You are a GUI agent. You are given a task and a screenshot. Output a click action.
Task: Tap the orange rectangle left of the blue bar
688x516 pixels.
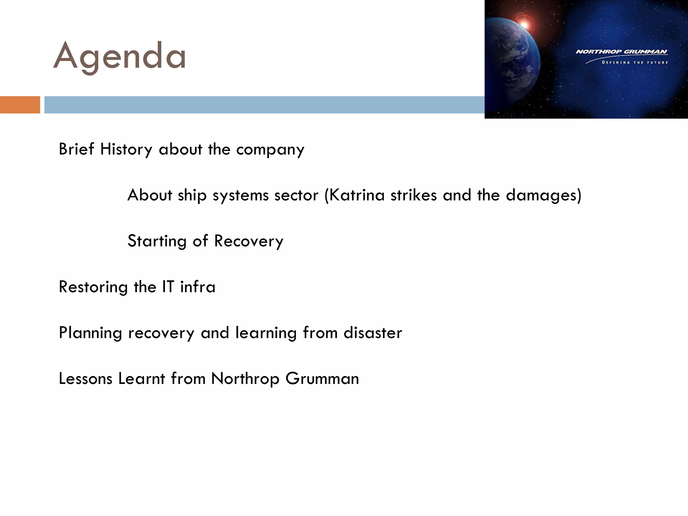point(20,105)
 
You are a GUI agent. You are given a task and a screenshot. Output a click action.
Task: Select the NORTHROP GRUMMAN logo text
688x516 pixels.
point(621,52)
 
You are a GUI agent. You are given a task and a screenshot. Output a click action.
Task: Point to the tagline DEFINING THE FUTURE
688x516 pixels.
point(635,62)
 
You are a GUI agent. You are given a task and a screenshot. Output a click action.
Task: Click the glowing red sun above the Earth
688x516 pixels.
point(524,24)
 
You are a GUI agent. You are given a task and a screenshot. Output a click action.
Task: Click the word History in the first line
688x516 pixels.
point(126,149)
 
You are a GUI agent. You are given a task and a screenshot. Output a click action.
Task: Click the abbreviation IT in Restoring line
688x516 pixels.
point(168,287)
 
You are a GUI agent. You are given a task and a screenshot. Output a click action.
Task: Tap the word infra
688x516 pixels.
point(198,287)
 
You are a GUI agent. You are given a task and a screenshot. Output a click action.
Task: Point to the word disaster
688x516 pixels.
point(373,333)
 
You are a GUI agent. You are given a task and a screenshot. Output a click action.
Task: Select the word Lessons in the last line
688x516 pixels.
point(85,379)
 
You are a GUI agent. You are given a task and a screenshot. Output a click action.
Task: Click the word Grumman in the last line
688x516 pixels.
point(322,379)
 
